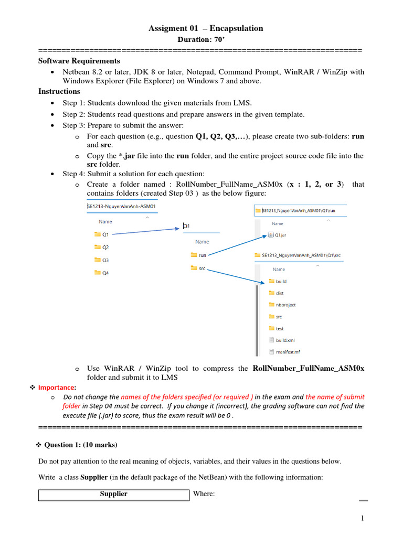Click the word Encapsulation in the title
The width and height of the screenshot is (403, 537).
coord(237,28)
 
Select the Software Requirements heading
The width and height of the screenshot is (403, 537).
coord(79,61)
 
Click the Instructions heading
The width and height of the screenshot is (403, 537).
coord(59,91)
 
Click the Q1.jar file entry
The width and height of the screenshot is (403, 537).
coord(280,235)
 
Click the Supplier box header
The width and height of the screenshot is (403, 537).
coord(114,494)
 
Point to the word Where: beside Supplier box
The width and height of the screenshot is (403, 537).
coord(204,494)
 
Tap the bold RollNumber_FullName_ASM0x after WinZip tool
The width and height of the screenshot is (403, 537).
coord(308,368)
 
